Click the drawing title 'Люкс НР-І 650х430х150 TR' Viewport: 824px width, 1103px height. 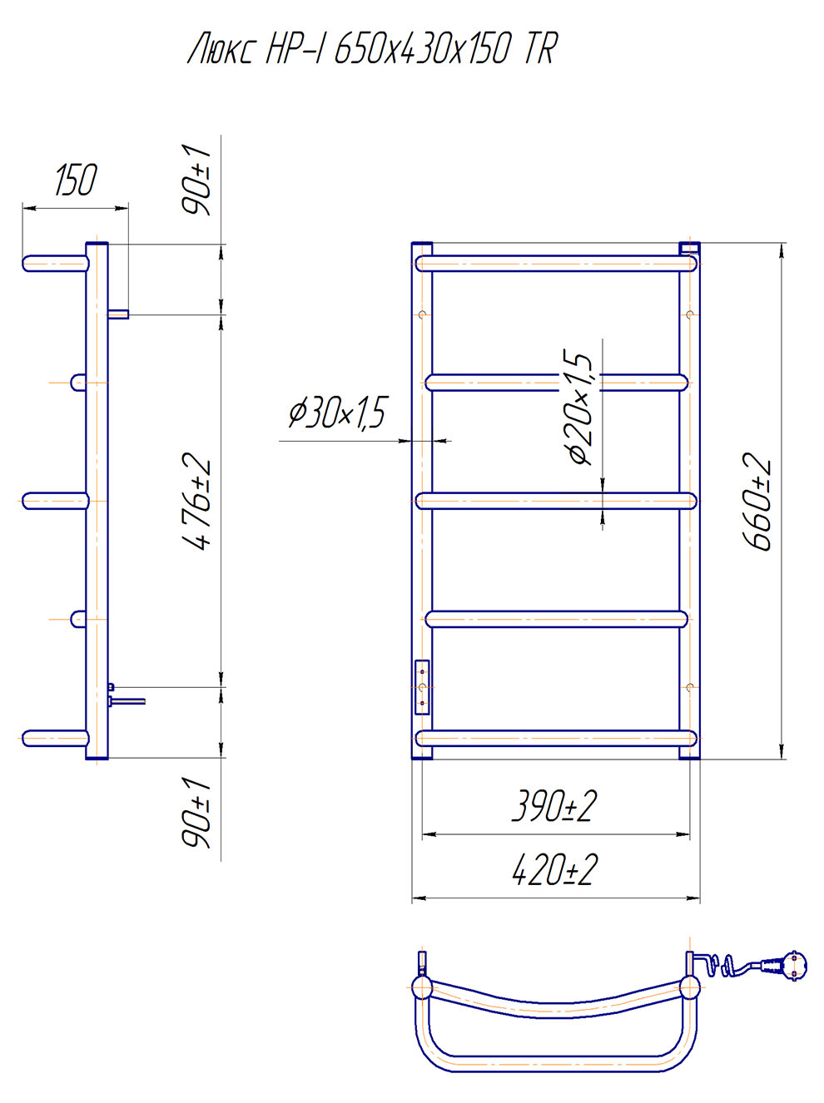tap(373, 50)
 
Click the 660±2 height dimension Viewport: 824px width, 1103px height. tap(756, 501)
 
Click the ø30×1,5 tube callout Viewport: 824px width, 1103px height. tap(337, 413)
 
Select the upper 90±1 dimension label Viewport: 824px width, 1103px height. tap(196, 181)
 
